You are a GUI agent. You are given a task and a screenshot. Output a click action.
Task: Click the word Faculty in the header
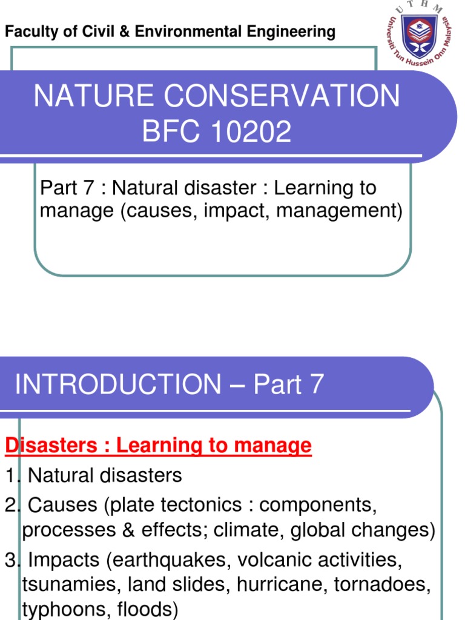click(x=25, y=32)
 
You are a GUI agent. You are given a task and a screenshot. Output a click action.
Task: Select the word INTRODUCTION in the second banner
click(x=118, y=384)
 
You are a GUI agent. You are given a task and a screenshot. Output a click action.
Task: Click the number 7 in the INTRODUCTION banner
click(x=316, y=384)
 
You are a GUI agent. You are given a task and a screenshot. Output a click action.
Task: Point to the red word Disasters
click(x=51, y=446)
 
